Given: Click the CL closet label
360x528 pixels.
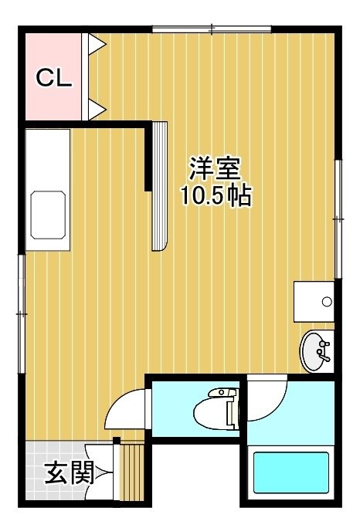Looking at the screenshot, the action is (54, 78).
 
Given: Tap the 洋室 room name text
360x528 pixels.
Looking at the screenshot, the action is (215, 169).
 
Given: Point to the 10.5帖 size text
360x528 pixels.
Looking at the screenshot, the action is (216, 195).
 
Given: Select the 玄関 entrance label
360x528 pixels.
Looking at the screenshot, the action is (69, 472).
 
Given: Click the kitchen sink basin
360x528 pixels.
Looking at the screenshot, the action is (48, 215).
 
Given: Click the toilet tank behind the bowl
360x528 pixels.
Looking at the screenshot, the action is (233, 409).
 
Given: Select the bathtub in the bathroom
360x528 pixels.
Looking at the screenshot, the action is (291, 472).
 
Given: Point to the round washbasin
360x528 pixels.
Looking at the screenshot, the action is (316, 351).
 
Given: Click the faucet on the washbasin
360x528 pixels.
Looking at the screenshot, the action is (323, 351).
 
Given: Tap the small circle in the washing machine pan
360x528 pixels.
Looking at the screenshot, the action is (327, 301).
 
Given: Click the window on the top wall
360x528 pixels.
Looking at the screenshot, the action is (212, 29).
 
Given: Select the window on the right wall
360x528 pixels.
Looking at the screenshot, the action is (338, 219).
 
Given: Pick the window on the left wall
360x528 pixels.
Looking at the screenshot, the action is (22, 314).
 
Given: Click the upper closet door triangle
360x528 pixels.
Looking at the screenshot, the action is (97, 44).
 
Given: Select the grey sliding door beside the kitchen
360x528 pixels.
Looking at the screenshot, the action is (160, 186).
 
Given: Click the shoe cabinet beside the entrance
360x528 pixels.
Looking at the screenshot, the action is (131, 472).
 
